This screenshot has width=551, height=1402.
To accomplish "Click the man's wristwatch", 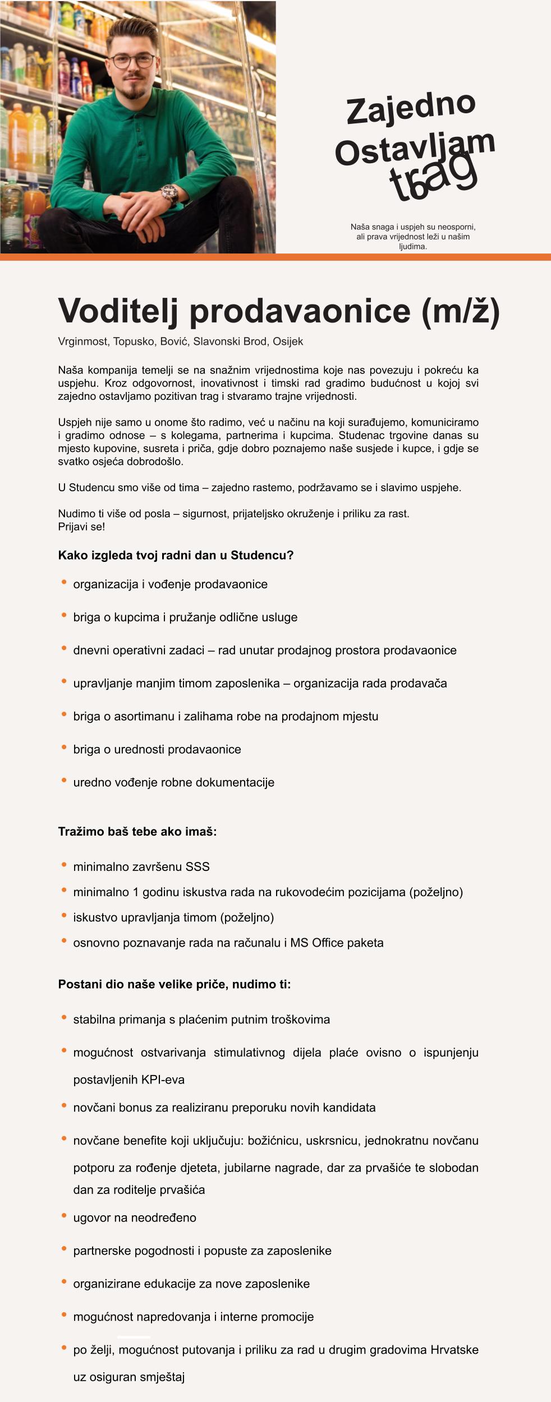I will pyautogui.click(x=169, y=195).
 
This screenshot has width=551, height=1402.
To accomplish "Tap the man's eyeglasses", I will pyautogui.click(x=132, y=61).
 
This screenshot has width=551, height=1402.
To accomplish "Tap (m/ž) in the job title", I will pyautogui.click(x=460, y=310).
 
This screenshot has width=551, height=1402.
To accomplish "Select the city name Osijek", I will pyautogui.click(x=288, y=342).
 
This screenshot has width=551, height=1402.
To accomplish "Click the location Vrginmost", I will pyautogui.click(x=83, y=342).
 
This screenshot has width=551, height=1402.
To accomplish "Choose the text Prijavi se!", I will pyautogui.click(x=81, y=527).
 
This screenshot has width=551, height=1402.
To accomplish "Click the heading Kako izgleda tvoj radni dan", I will pyautogui.click(x=176, y=555).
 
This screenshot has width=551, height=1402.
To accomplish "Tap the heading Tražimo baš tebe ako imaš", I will pyautogui.click(x=137, y=831).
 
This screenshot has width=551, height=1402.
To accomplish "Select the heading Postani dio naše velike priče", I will pyautogui.click(x=175, y=984).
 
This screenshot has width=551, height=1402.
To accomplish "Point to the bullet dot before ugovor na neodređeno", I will pyautogui.click(x=64, y=1216).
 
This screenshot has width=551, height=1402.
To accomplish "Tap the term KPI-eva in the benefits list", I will pyautogui.click(x=163, y=1080).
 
